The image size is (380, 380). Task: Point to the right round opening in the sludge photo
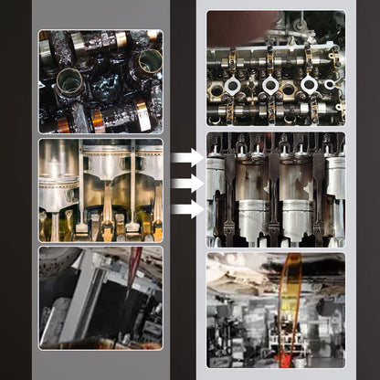click(x=145, y=65)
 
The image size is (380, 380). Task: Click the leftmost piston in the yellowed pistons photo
click(x=58, y=178)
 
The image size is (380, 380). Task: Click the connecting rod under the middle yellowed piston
click(x=108, y=219)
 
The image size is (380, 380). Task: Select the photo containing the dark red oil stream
click(x=100, y=297)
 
